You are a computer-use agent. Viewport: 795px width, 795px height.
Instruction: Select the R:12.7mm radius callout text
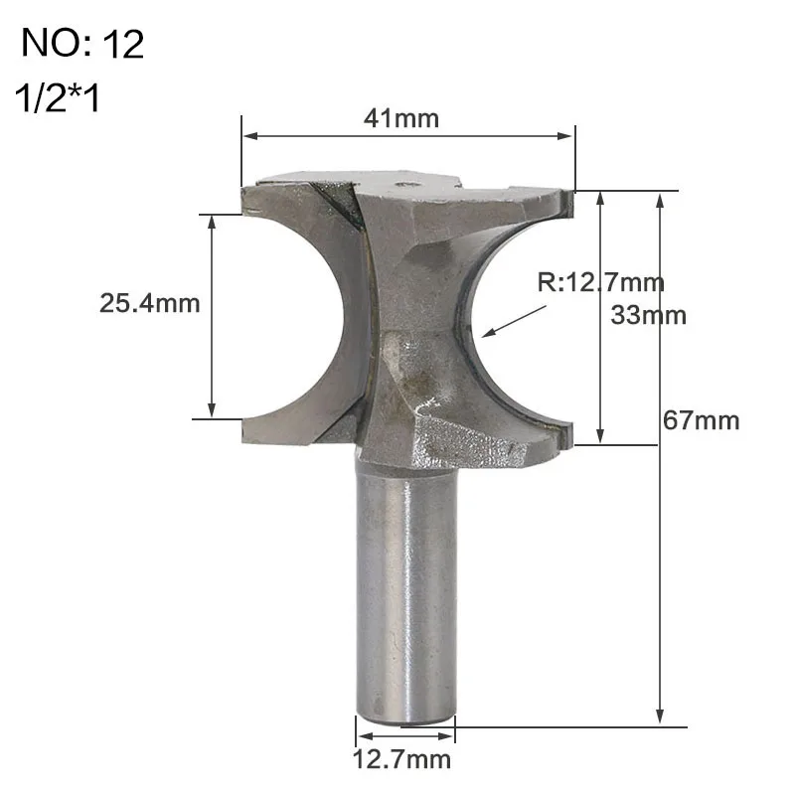pos(600,282)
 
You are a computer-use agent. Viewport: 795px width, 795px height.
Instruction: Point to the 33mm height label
pos(648,315)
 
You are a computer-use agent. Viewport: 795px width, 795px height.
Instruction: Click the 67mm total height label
pos(702,420)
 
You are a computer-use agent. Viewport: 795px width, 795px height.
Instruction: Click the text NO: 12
pos(82,46)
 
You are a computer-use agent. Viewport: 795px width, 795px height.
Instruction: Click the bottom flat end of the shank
pos(405,717)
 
